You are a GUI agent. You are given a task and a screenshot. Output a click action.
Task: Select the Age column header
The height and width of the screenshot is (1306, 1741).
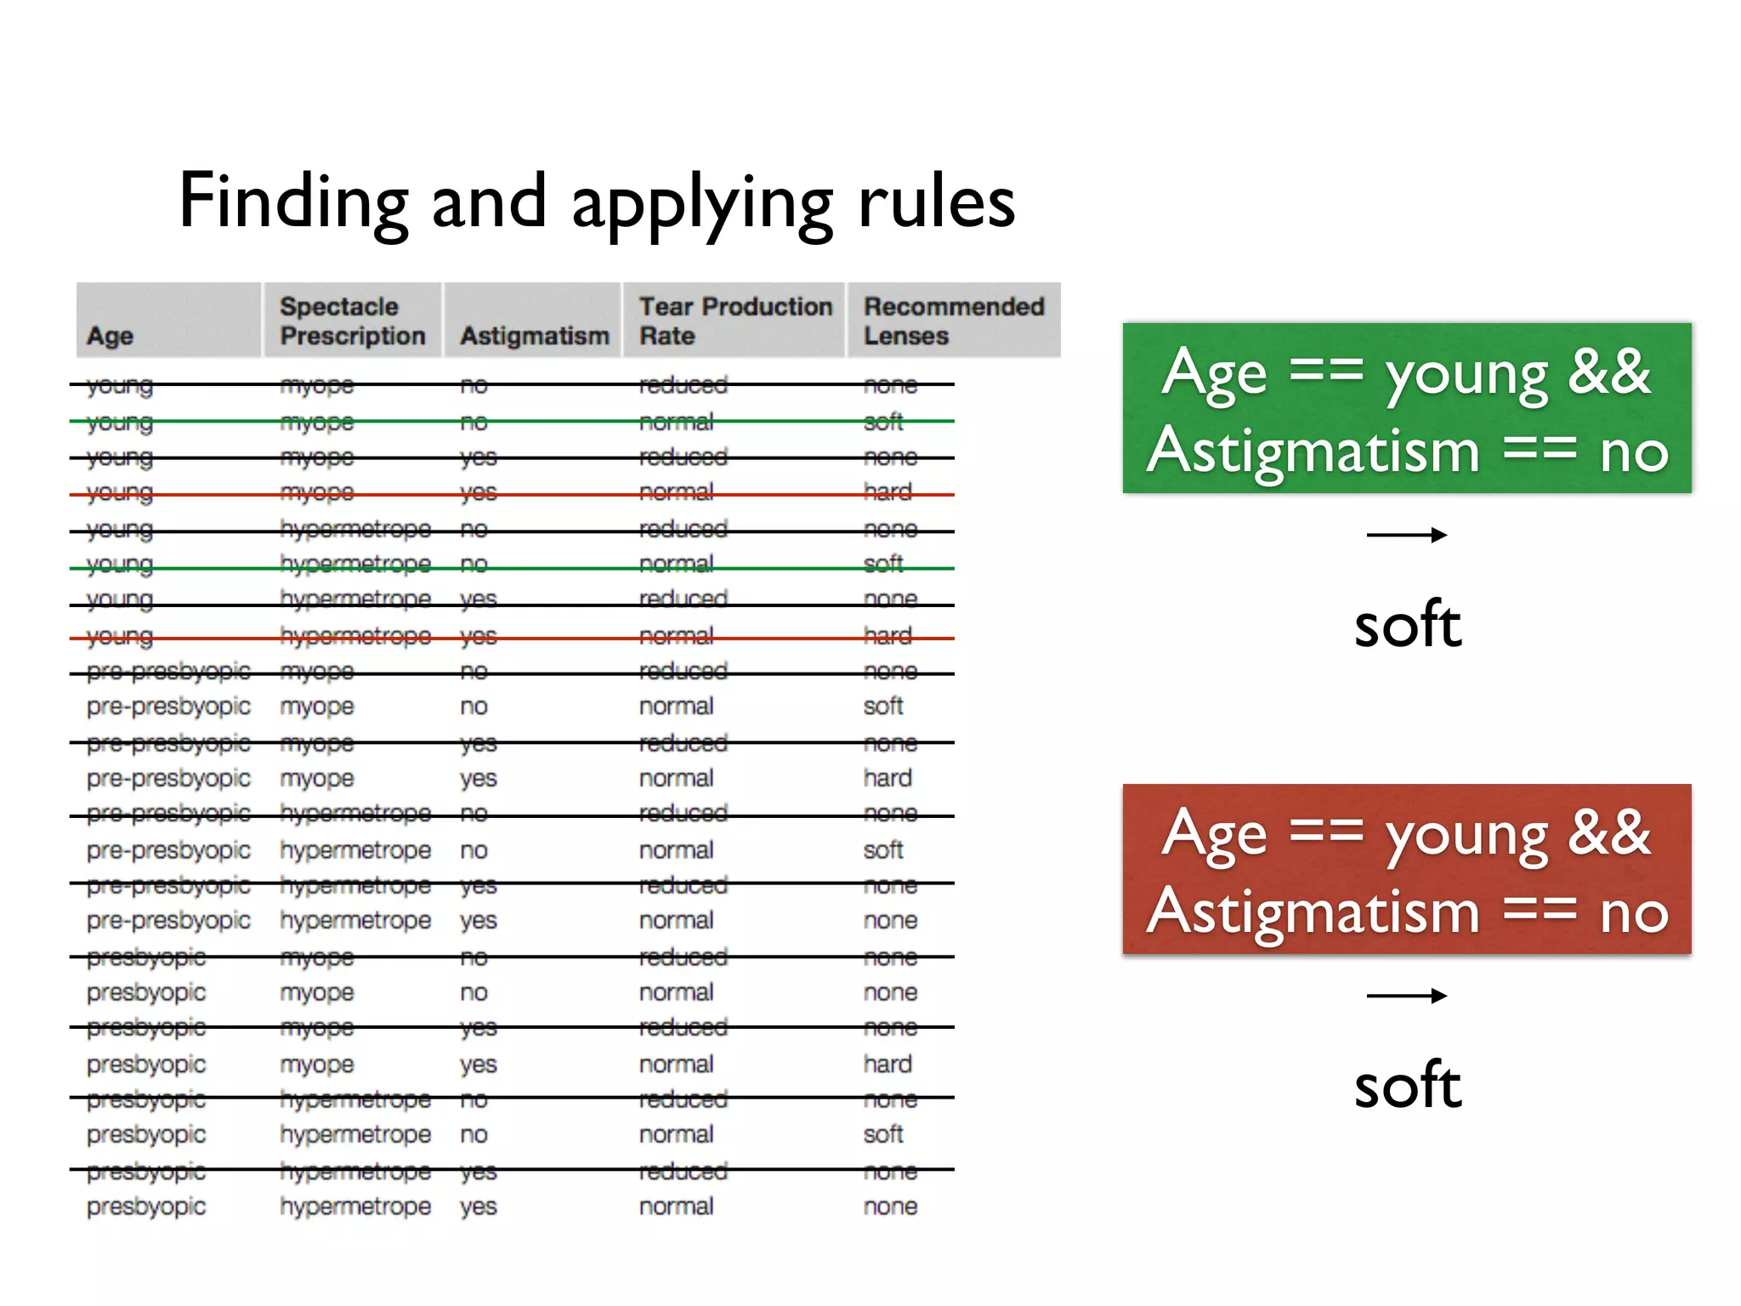point(111,336)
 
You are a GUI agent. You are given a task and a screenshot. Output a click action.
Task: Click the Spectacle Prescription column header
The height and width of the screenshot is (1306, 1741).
point(352,321)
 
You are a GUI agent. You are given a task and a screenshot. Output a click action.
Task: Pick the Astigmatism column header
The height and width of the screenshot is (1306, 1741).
point(535,336)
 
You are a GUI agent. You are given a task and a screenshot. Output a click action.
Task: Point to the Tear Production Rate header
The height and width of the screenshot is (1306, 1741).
point(735,321)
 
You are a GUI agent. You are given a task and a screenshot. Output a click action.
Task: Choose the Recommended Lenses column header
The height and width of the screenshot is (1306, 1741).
point(953,321)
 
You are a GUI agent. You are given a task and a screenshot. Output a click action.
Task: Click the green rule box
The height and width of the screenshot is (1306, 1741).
point(1406,408)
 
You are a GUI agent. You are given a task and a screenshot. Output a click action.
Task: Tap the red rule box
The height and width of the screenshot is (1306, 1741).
point(1406,869)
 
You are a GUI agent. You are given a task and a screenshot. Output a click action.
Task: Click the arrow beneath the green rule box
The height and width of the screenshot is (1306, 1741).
point(1406,535)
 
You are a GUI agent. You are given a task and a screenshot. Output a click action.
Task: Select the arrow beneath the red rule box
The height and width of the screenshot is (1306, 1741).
point(1406,996)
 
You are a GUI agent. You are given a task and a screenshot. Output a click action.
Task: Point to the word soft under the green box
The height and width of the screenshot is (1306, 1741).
point(1408,625)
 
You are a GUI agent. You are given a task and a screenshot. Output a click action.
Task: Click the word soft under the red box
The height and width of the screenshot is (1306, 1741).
point(1408,1086)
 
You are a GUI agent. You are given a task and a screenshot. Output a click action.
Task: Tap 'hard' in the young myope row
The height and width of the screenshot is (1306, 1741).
point(888,492)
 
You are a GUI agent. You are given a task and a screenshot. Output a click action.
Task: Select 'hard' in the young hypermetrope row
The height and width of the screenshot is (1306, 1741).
point(888,636)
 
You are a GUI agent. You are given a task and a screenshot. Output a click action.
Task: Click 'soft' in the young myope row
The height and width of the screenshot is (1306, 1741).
point(883,422)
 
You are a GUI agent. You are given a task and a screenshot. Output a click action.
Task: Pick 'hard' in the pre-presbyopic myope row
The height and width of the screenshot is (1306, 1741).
point(888,778)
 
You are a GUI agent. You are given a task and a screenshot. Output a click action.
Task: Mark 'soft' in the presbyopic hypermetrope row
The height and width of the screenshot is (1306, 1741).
point(883,1134)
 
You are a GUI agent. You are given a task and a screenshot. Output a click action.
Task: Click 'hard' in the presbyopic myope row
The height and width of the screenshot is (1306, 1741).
point(888,1064)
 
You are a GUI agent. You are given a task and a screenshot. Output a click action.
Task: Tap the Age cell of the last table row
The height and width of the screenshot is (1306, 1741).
point(146,1207)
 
